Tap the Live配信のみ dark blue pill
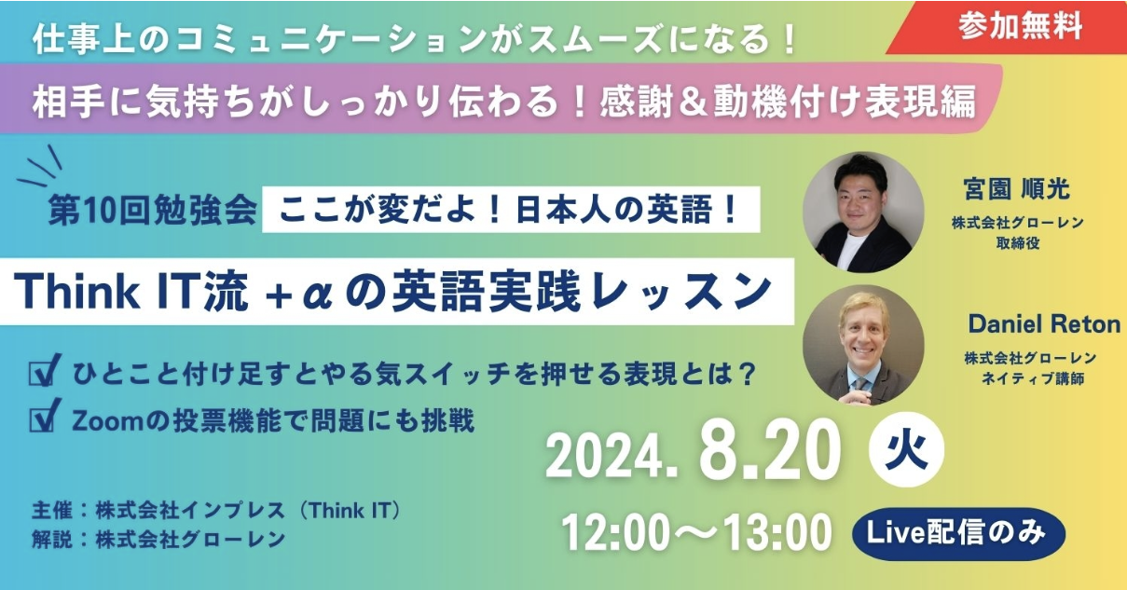958,534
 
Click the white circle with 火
907,449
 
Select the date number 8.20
769,449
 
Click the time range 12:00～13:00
696,533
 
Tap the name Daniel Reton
1044,324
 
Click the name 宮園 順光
1017,189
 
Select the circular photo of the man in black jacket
863,212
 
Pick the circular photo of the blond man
863,345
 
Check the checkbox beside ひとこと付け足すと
44,370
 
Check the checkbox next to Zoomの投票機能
44,416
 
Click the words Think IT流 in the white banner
131,291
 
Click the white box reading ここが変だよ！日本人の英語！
511,209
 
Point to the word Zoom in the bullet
106,421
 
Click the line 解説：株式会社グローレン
158,540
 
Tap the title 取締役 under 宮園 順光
1018,243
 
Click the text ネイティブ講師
1033,378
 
